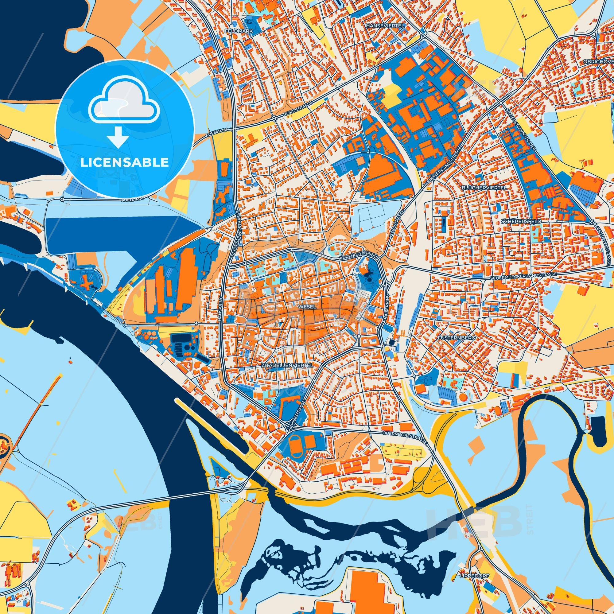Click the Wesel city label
307,307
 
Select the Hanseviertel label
385,25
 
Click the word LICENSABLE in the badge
124,162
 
